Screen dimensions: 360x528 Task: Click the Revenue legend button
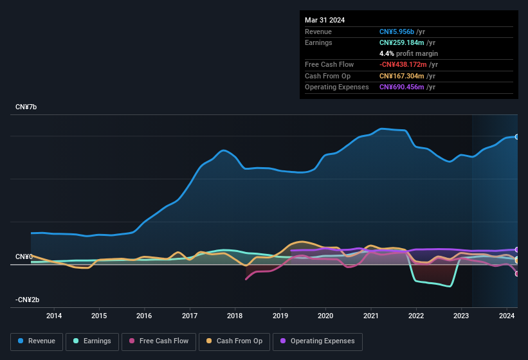(x=37, y=341)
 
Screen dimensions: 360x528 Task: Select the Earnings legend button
(x=92, y=341)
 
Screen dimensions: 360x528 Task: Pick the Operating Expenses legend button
(x=318, y=341)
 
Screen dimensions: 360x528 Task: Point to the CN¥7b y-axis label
(x=26, y=107)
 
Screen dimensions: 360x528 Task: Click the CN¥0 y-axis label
(x=24, y=256)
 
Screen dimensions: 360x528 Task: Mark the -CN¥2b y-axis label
(x=28, y=300)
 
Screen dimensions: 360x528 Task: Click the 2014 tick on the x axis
(x=54, y=316)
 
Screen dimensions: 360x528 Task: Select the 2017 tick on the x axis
(x=190, y=316)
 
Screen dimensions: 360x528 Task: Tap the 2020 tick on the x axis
(x=325, y=316)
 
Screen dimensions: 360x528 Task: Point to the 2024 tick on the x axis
(x=506, y=316)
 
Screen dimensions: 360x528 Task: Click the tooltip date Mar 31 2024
(x=325, y=20)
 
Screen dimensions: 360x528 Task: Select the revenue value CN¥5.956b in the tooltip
(x=397, y=32)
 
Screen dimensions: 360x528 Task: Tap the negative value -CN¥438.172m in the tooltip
(x=404, y=64)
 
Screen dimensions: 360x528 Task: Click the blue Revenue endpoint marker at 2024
(x=517, y=137)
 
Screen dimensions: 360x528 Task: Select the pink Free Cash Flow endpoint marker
(x=517, y=274)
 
